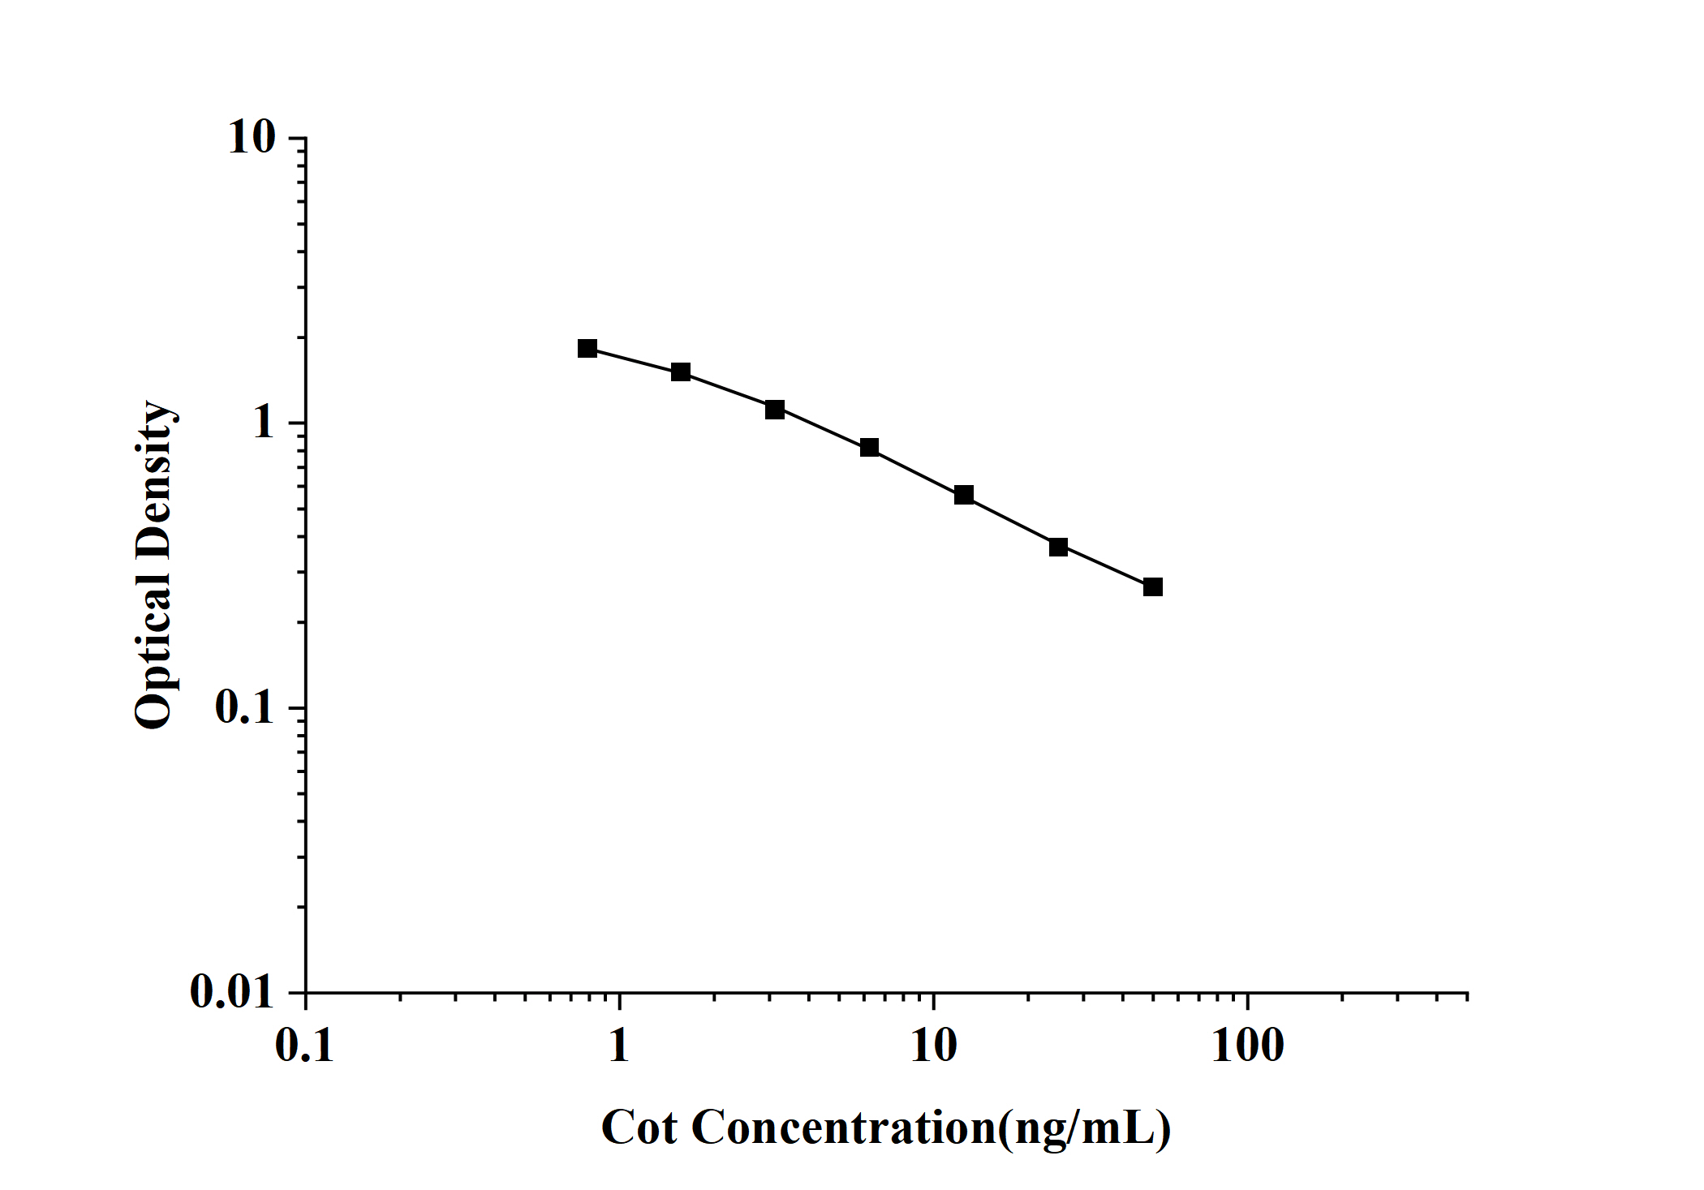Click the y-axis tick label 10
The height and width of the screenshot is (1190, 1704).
point(252,138)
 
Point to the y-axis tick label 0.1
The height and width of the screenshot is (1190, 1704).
point(245,707)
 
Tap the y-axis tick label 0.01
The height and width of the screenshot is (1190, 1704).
point(233,991)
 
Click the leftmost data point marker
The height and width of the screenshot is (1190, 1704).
point(587,349)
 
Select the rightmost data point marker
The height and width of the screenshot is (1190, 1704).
point(1152,586)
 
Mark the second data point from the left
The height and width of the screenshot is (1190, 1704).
point(681,372)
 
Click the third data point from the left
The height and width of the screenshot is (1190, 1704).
point(775,410)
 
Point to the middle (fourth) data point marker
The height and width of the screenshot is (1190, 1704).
point(869,448)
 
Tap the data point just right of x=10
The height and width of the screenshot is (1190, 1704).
point(964,495)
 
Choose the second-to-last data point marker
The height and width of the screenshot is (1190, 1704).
point(1058,547)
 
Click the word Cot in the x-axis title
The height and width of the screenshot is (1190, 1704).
point(639,1128)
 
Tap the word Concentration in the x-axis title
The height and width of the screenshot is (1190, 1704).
point(844,1128)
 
